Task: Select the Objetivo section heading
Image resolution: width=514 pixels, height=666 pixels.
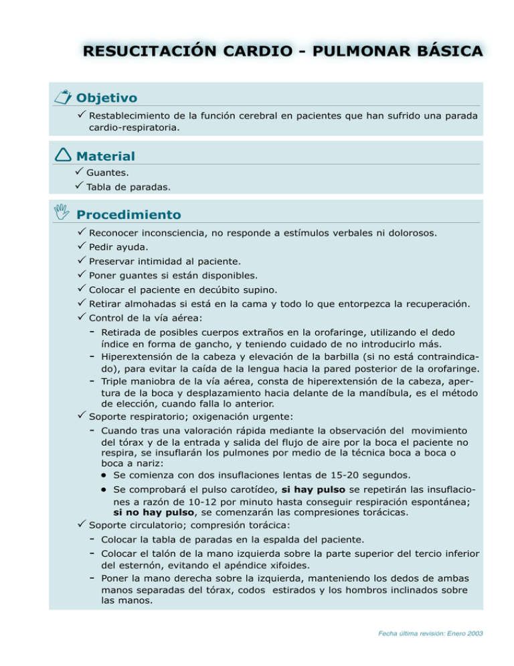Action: pos(107,98)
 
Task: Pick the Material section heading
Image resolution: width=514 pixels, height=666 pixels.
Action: pos(106,156)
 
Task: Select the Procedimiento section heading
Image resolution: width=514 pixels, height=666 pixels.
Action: pos(128,215)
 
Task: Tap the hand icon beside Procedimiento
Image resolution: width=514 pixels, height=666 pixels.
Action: pos(63,214)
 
